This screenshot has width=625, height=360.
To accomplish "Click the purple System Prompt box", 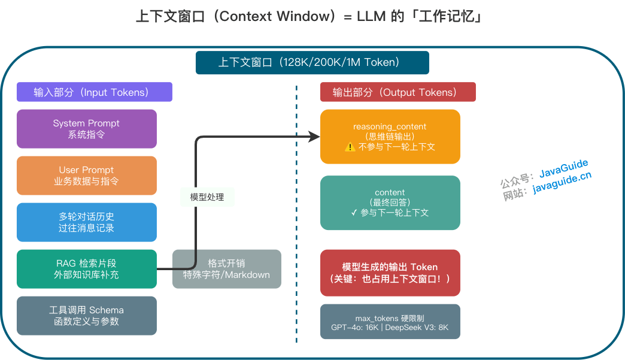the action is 86,129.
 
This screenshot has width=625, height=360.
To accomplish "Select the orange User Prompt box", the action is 86,176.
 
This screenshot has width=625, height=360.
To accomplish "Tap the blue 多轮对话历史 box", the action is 86,222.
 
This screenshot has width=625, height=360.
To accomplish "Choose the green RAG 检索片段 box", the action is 86,269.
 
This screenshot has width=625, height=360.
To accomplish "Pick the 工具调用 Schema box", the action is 86,316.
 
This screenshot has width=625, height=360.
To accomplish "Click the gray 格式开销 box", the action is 226,269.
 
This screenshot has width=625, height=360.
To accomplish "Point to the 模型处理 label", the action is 207,196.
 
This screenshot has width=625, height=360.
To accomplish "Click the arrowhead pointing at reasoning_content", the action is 315,137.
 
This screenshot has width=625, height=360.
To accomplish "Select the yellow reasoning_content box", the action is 390,137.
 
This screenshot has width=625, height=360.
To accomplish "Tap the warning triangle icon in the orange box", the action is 350,147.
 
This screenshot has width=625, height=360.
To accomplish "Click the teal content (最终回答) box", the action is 390,202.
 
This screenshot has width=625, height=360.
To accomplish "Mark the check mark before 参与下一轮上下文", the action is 354,213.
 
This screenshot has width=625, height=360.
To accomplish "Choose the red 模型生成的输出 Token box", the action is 390,273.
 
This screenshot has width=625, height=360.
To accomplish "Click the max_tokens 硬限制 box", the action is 390,322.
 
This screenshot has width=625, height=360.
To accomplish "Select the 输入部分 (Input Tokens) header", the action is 94,92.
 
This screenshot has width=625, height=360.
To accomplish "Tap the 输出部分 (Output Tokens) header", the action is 398,92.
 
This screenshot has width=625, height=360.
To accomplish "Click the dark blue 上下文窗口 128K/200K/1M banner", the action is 312,62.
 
